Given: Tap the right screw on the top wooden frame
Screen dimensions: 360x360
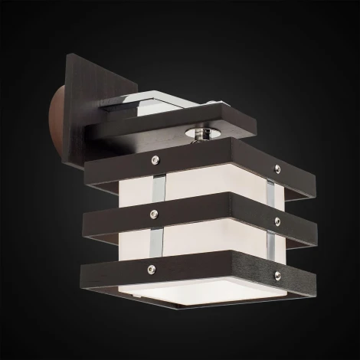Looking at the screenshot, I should coord(273,162).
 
